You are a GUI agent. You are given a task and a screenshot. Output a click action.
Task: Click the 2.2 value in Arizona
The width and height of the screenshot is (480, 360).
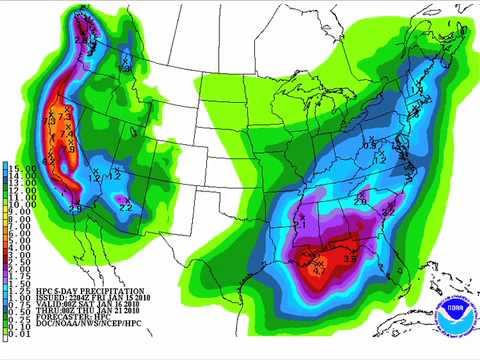[126, 207]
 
